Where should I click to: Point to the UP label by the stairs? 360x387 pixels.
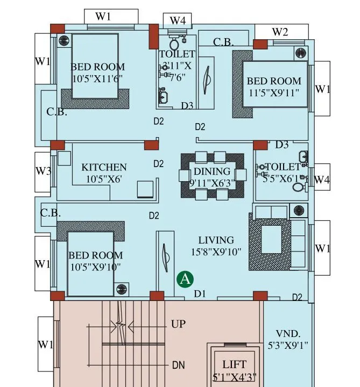[178, 325]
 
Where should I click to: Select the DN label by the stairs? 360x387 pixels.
[179, 365]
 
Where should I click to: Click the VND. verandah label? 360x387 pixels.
[288, 333]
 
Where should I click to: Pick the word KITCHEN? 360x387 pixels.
[104, 168]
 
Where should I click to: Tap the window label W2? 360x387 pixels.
[280, 32]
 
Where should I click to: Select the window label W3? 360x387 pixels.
[44, 171]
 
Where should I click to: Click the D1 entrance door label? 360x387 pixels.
[200, 293]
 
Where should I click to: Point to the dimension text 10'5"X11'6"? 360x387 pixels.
[97, 78]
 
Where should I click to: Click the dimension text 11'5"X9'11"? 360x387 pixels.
[273, 92]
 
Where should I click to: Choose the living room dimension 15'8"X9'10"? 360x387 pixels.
[216, 251]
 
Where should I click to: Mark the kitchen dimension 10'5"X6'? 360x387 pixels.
[103, 179]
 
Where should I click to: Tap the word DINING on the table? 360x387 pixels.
[211, 171]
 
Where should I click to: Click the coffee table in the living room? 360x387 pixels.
[270, 239]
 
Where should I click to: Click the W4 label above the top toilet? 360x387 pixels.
[178, 20]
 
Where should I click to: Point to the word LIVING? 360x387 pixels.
[216, 240]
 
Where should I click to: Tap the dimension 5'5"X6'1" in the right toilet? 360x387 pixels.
[280, 178]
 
